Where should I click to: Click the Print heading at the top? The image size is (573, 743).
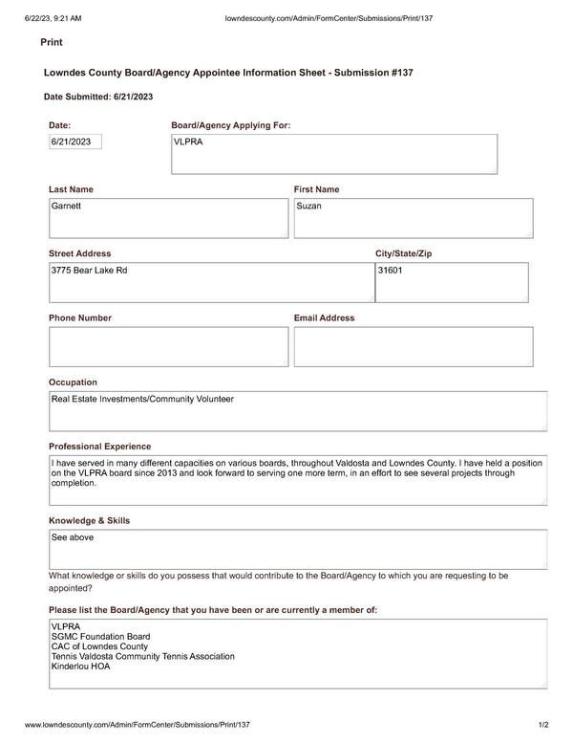[52, 43]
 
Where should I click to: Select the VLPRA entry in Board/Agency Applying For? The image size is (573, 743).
[188, 142]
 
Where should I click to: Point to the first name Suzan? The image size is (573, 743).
[308, 206]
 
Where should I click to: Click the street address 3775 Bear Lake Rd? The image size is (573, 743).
[89, 271]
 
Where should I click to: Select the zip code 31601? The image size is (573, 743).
[390, 271]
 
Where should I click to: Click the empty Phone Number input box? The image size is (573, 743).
[168, 346]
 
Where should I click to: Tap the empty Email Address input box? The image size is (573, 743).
[413, 346]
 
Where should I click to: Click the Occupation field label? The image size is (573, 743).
[73, 382]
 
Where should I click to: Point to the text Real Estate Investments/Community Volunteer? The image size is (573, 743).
[142, 399]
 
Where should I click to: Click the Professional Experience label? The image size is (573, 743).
[99, 447]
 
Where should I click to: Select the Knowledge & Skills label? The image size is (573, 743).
[89, 520]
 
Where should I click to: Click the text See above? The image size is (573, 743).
[73, 537]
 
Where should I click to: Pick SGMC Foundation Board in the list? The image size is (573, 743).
[100, 637]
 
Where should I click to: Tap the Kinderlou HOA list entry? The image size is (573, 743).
[80, 667]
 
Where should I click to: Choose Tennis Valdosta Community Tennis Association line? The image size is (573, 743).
[142, 656]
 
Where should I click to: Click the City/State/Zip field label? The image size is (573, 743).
[403, 253]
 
